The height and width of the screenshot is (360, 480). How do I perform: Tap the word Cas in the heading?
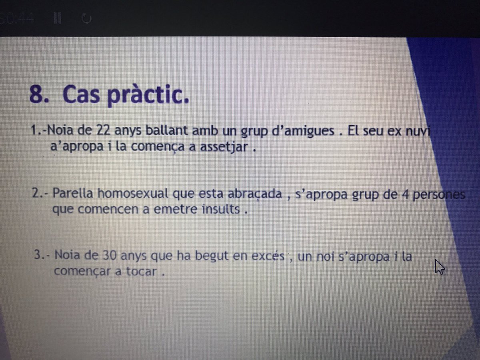pos(82,96)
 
